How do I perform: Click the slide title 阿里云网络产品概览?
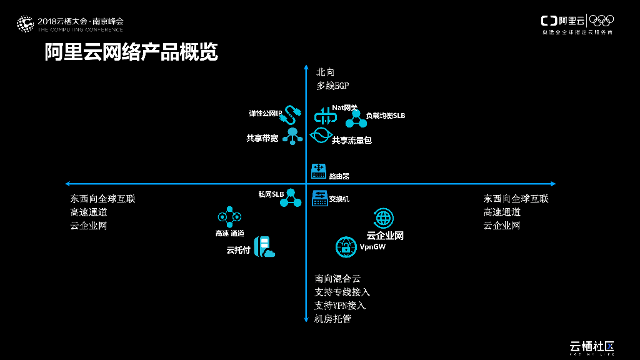[x=131, y=52]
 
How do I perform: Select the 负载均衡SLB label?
[x=385, y=116]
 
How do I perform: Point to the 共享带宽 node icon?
[x=292, y=136]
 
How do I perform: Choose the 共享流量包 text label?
[x=352, y=141]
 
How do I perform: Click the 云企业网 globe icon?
[x=383, y=218]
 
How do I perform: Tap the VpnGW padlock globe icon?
[x=346, y=247]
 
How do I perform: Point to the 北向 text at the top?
[x=326, y=72]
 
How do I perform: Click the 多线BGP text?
[x=332, y=86]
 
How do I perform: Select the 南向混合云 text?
[x=337, y=279]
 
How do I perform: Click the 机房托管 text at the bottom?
[x=333, y=319]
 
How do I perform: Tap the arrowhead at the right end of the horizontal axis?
[x=552, y=184]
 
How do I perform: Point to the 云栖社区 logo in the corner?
[x=592, y=346]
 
